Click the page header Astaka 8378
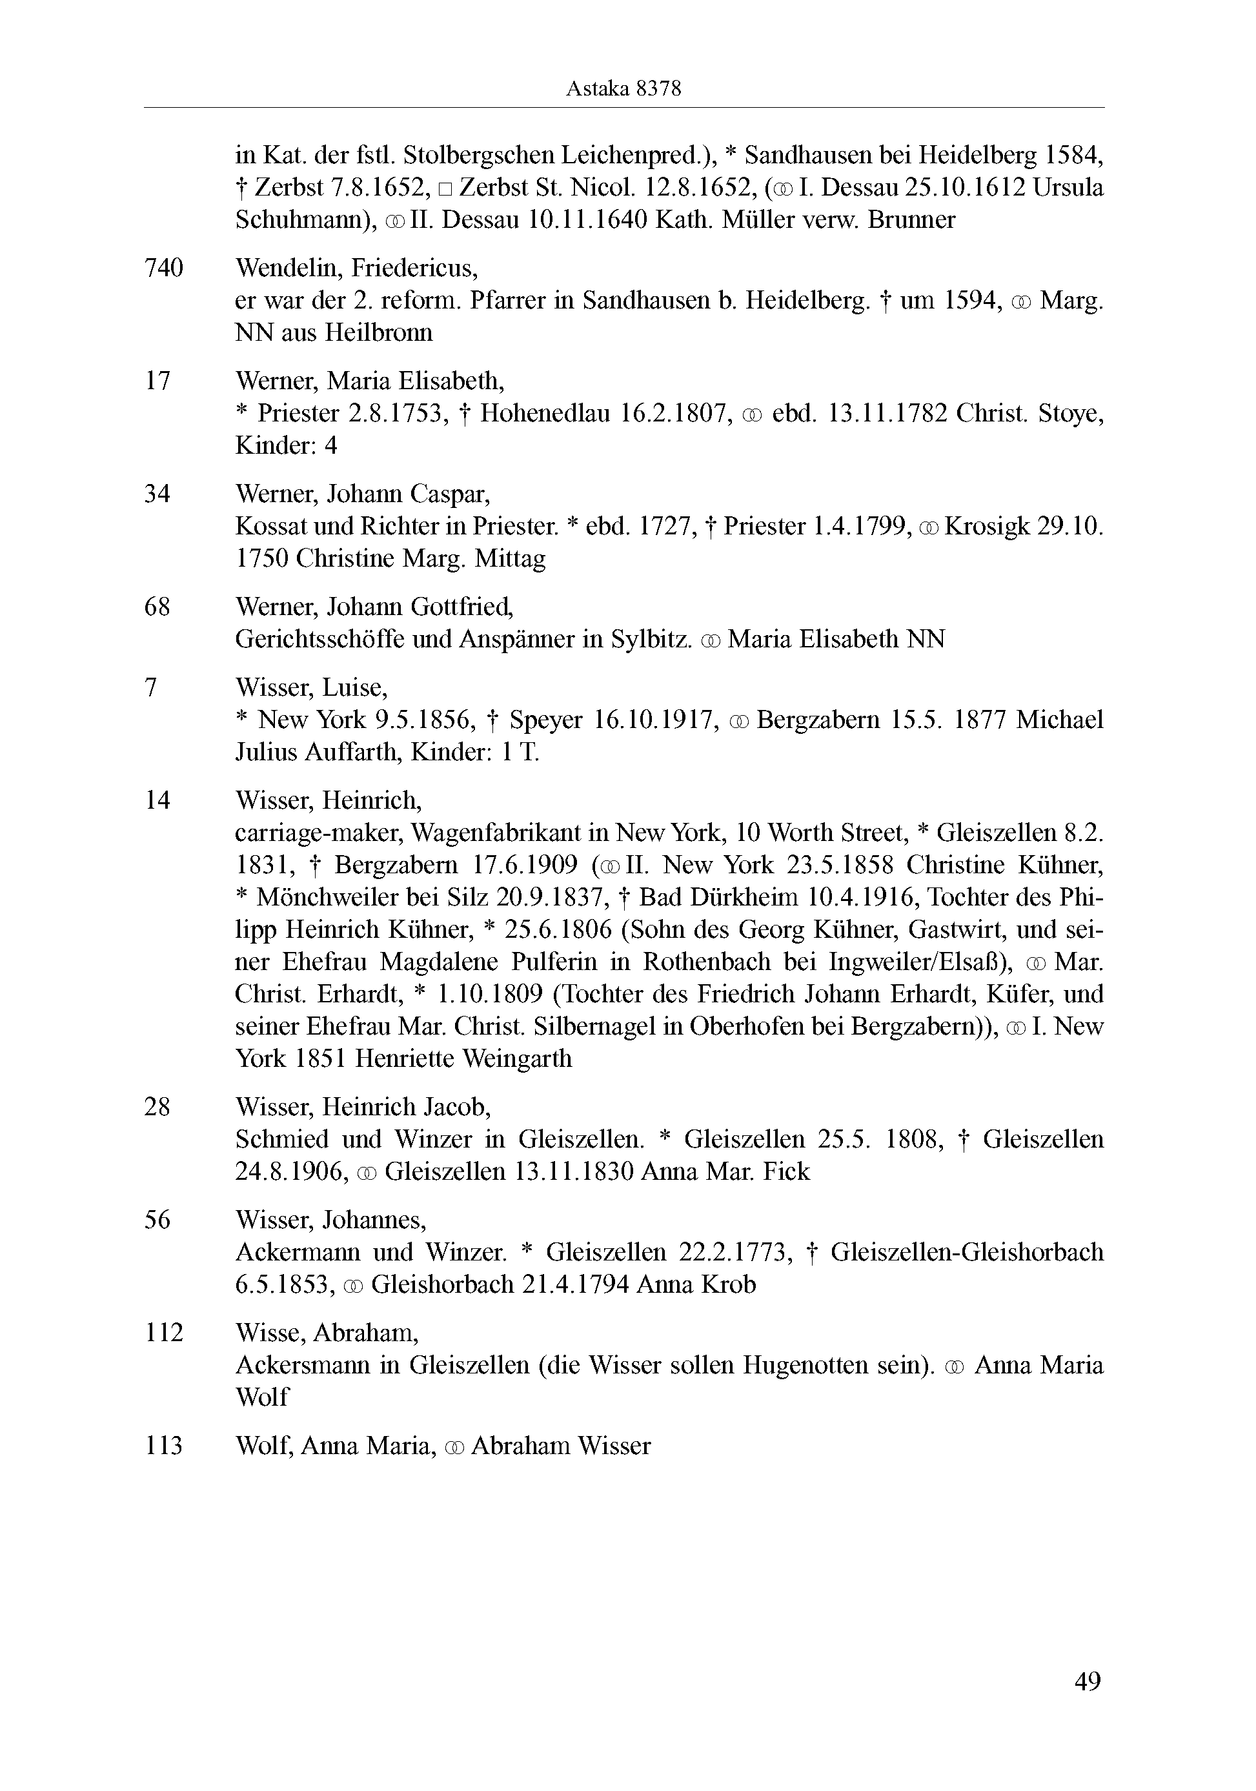click(x=623, y=89)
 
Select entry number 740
click(x=164, y=268)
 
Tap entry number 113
click(x=163, y=1446)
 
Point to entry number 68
click(x=157, y=606)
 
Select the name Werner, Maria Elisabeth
click(x=370, y=381)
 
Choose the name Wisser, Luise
click(x=311, y=687)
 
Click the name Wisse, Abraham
click(x=327, y=1332)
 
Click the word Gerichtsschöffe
click(x=320, y=640)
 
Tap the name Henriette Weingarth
click(x=463, y=1058)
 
